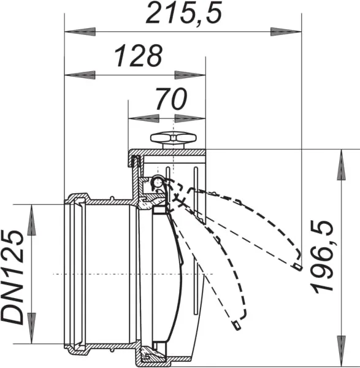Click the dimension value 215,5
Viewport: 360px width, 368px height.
(x=184, y=12)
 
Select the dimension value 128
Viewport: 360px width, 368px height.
(x=138, y=55)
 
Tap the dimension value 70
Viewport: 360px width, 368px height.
(x=172, y=99)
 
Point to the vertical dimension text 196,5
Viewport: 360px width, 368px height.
(x=322, y=256)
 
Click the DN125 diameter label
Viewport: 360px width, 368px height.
(x=13, y=278)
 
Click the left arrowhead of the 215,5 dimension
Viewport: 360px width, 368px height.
(x=80, y=32)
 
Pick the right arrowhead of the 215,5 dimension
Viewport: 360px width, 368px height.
(x=286, y=32)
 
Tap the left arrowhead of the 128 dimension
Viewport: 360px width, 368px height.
(x=80, y=75)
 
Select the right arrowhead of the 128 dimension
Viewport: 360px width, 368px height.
(x=190, y=75)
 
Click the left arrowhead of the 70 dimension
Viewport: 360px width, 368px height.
(x=144, y=118)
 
